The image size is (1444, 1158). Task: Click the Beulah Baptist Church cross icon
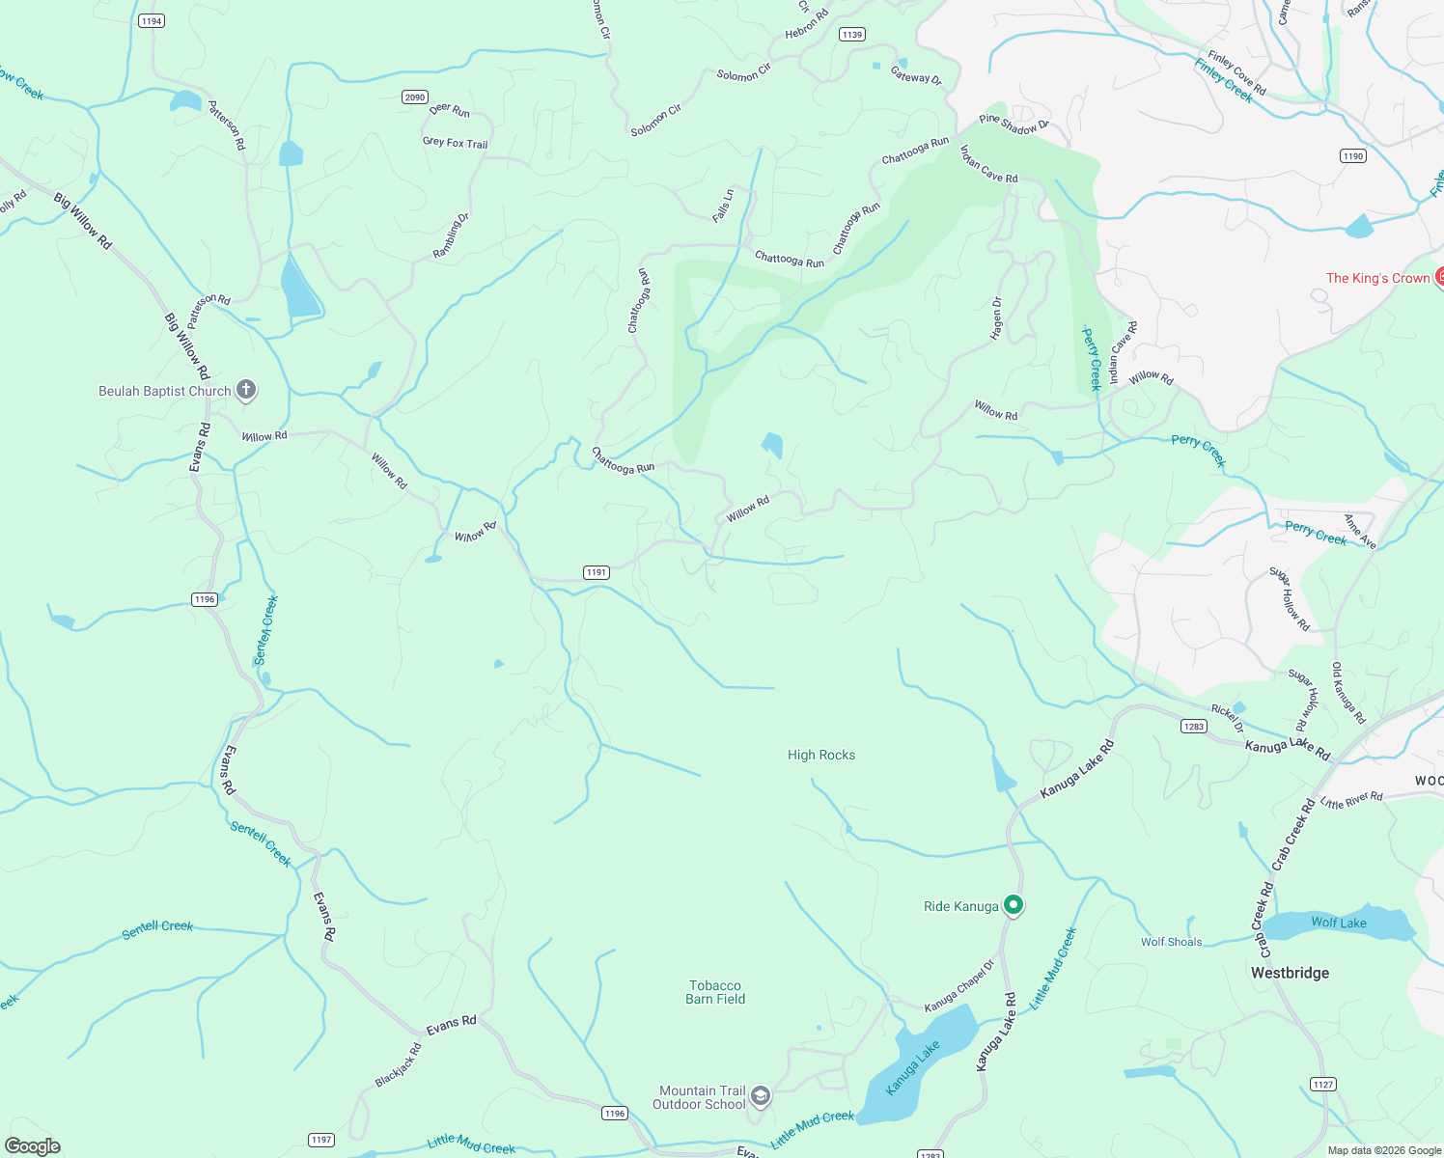coord(246,390)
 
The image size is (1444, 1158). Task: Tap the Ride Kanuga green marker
coord(1013,905)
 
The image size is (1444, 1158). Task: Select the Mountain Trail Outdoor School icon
coord(760,1095)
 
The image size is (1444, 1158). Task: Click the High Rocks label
coord(820,755)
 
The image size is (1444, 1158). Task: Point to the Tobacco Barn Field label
coord(715,992)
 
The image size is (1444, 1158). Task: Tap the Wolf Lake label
coord(1338,923)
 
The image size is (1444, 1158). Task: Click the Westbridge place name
coord(1290,973)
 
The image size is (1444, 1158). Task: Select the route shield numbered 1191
coord(597,572)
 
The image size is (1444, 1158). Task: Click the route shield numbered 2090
coord(415,97)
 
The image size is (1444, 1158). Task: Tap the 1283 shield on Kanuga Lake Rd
coord(1194,726)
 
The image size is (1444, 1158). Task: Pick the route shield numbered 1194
coord(152,20)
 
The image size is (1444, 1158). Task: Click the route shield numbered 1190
coord(1353,155)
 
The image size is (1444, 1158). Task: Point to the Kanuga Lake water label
coord(912,1068)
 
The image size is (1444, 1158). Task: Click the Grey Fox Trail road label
coord(455,142)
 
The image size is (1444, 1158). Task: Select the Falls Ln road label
coord(722,207)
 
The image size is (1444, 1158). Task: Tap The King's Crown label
coord(1377,278)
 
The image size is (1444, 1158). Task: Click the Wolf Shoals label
coord(1171,942)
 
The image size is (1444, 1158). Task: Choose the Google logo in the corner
coord(33,1146)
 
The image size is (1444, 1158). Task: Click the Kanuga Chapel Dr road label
coord(958,986)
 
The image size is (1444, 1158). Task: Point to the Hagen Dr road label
coord(996,318)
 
